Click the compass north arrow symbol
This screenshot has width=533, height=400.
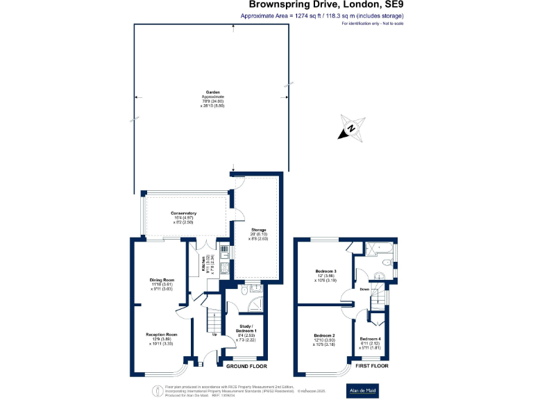[352, 128]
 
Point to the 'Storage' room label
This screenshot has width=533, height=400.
[258, 230]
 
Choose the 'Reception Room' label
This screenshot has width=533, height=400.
[161, 335]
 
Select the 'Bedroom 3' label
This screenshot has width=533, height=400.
[325, 270]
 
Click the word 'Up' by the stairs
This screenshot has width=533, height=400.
[212, 335]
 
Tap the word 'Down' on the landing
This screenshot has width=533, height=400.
[364, 289]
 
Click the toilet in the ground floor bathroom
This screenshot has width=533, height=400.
[244, 292]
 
